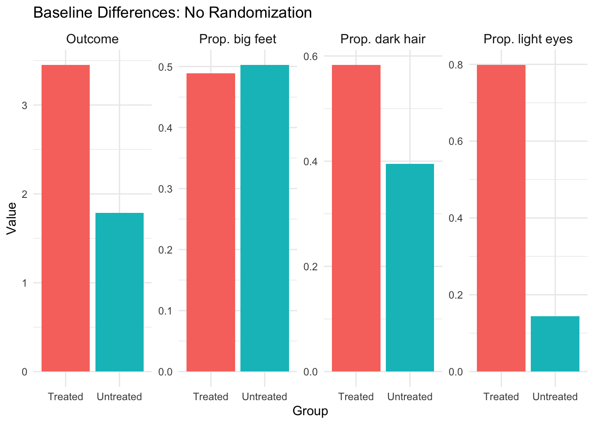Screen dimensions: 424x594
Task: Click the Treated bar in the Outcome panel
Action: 65,218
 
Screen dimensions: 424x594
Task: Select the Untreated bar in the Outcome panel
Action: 119,292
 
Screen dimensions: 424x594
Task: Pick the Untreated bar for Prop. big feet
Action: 265,218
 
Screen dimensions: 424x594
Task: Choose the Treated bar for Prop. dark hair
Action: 356,218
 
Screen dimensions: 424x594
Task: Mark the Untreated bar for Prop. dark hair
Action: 410,268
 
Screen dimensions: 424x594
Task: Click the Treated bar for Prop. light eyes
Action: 501,218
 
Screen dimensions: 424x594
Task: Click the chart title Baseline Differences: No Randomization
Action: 172,13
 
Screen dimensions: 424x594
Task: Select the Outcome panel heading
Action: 92,39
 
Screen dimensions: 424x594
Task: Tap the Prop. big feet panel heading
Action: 238,39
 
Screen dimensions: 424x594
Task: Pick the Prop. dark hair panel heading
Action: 383,39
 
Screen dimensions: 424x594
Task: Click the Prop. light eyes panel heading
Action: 528,39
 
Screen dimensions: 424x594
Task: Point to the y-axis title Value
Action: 11,218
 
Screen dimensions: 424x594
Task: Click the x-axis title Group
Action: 310,411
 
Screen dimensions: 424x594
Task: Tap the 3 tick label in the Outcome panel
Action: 24,106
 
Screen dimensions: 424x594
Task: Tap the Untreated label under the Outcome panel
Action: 119,397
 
